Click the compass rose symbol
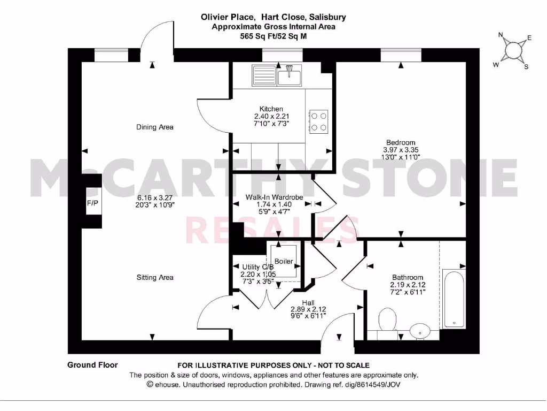(x=512, y=50)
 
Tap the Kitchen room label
(x=271, y=109)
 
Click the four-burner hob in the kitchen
(x=318, y=121)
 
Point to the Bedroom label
(x=401, y=142)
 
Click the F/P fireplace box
(x=93, y=203)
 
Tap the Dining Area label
(x=155, y=127)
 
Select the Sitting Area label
(x=155, y=277)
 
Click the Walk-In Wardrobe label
(x=274, y=197)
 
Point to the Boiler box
(x=284, y=261)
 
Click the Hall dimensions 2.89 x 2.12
(x=308, y=309)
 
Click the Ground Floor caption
(x=92, y=365)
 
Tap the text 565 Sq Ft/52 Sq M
(x=273, y=36)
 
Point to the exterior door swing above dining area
(x=158, y=37)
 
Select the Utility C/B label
(x=257, y=267)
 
